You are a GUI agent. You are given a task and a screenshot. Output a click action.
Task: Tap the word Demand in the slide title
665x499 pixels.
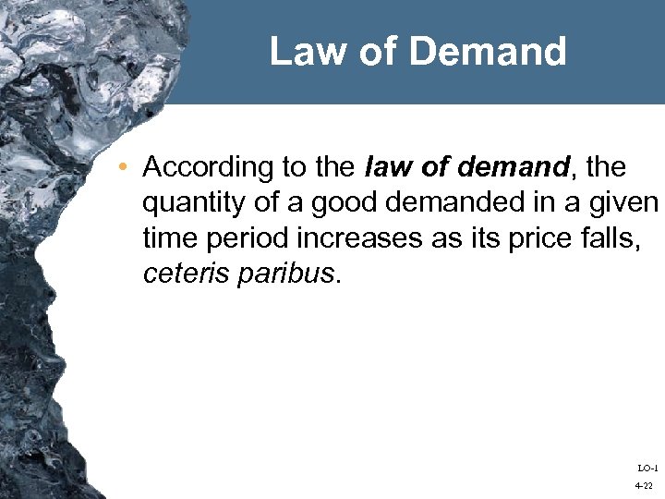click(x=488, y=52)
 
